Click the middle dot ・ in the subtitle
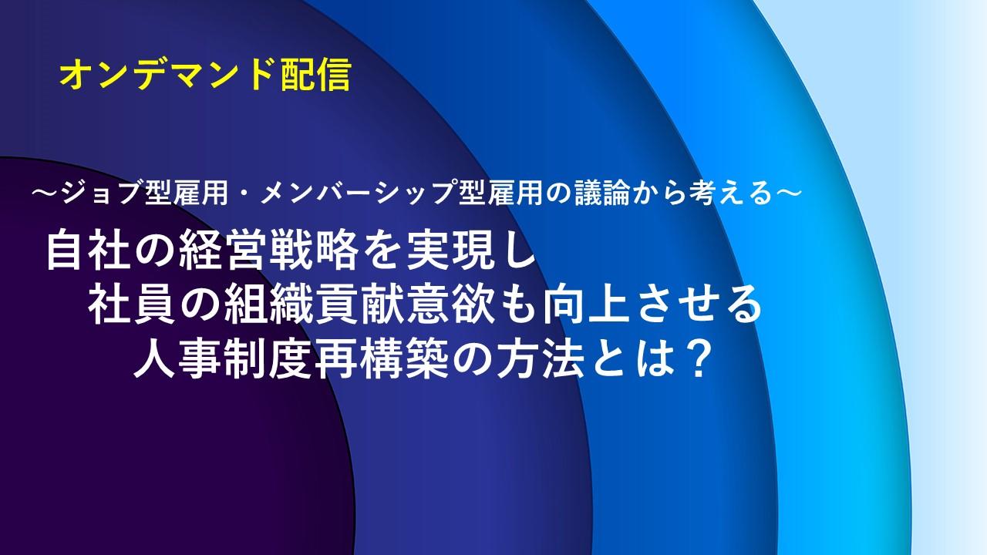point(244,193)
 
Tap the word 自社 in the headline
point(89,252)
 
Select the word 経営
point(224,252)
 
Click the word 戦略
point(314,252)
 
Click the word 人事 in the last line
point(177,361)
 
